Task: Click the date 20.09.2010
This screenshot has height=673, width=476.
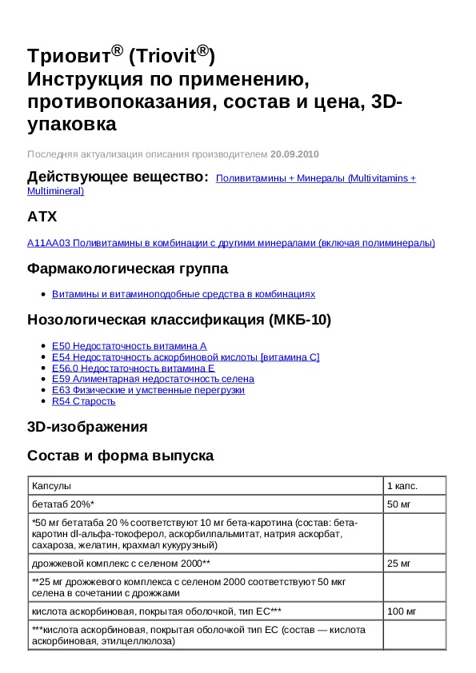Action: click(294, 153)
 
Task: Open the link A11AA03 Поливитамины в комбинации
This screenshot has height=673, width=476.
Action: click(231, 243)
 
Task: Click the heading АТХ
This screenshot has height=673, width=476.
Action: click(42, 217)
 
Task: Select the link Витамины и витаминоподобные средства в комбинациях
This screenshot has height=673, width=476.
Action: click(183, 294)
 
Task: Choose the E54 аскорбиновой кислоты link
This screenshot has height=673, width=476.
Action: click(186, 356)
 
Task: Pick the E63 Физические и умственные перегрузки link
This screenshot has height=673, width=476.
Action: click(148, 390)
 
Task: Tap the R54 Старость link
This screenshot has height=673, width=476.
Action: click(78, 401)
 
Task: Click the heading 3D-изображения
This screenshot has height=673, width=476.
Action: click(87, 427)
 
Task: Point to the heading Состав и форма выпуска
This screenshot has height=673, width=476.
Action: click(120, 456)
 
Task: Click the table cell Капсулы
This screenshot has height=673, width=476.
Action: click(51, 486)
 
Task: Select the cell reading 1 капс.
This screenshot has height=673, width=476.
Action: click(402, 486)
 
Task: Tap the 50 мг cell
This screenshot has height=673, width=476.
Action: click(398, 504)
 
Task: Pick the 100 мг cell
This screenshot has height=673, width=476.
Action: click(402, 611)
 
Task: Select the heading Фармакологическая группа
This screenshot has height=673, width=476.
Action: click(127, 269)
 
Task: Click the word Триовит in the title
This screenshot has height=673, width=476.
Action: click(68, 57)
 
